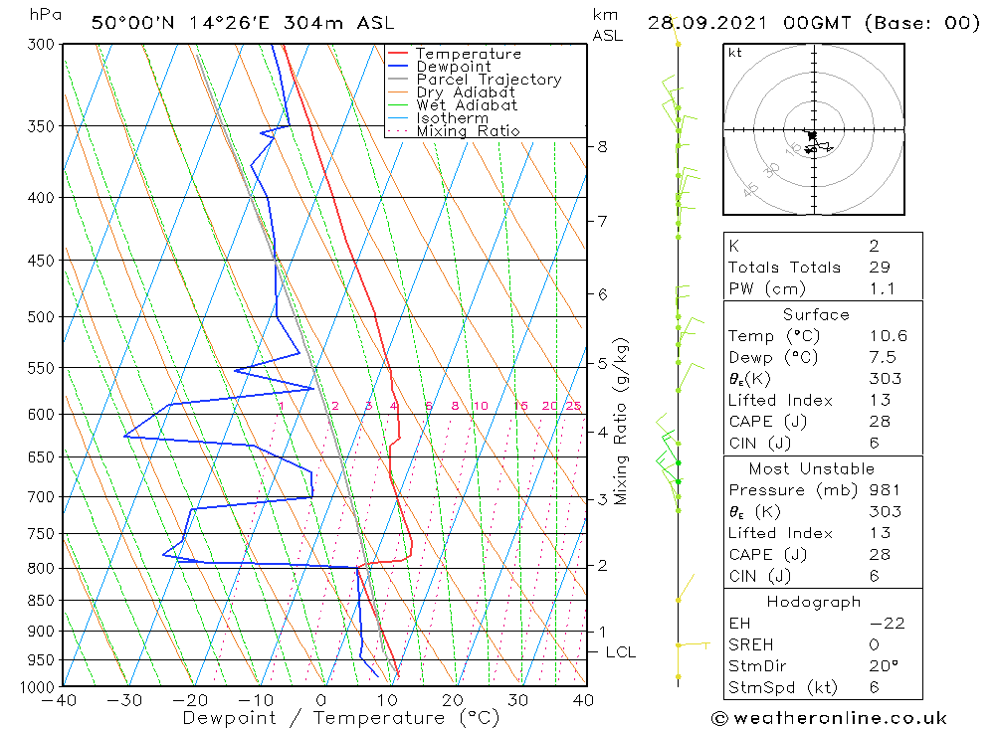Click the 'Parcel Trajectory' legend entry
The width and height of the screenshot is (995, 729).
coord(489,80)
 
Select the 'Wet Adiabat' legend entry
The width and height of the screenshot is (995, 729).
coord(467,105)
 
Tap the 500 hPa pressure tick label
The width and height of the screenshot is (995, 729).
coord(43,317)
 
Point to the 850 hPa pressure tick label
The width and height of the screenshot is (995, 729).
coord(43,601)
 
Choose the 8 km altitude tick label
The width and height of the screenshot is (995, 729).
coord(602,147)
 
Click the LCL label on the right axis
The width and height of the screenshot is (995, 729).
coord(620,652)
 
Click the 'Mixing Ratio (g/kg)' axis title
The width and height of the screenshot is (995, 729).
coord(622,422)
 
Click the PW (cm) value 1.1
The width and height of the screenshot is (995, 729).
coord(882,289)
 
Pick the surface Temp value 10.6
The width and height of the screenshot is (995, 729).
coord(887,336)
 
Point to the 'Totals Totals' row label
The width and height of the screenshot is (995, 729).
coord(784,268)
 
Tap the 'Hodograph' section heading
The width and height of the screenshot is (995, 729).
coord(814,603)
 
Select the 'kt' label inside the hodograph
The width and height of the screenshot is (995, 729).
coord(734,53)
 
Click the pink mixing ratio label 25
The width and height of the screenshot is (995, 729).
coord(573,406)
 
